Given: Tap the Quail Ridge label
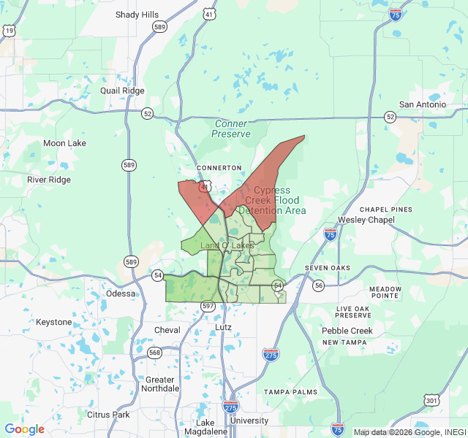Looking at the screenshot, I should pos(122,91).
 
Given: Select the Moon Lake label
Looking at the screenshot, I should pos(64,143).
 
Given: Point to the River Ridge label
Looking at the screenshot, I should pos(49,180).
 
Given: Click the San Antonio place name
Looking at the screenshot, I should pos(422,104).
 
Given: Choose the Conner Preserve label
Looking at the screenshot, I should pos(232,129).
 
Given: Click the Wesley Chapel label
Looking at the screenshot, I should pos(366,220).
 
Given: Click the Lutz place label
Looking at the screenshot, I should pos(223,327).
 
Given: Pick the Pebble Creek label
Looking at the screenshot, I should pos(347,331).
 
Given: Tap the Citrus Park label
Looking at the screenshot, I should pos(108,415).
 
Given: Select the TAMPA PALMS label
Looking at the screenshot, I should pos(290,392).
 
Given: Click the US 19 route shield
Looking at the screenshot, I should pos(9,31).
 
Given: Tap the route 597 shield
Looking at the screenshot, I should pos(208,306).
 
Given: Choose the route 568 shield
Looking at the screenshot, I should pos(154,353).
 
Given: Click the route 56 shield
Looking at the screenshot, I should pos(318,285).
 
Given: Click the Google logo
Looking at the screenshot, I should pos(24,429).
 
